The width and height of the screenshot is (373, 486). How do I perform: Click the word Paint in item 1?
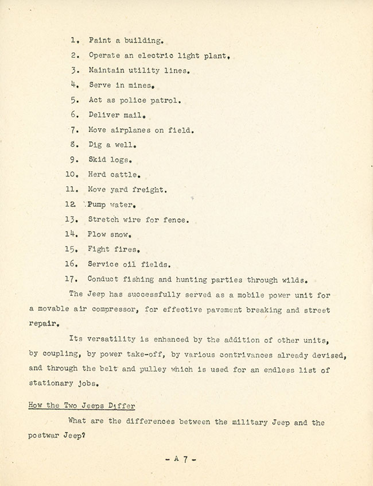coord(99,41)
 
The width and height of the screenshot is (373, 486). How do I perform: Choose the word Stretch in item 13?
coord(103,219)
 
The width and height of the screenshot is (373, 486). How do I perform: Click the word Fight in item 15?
coord(99,249)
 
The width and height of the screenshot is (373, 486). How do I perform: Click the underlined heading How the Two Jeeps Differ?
coord(81,406)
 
